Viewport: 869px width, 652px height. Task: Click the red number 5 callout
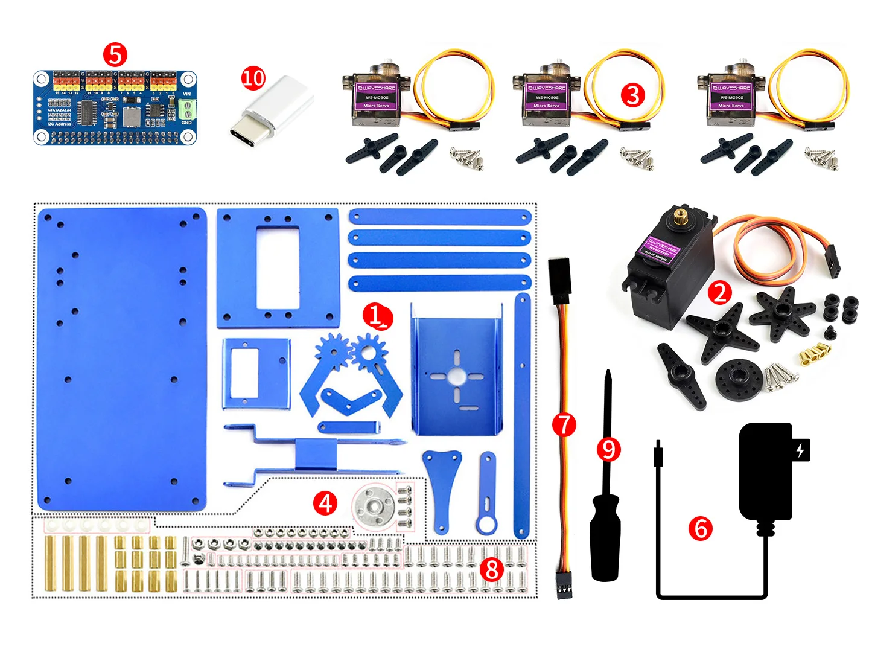point(115,54)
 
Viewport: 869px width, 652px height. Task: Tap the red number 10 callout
point(253,78)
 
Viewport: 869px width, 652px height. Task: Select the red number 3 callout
point(632,95)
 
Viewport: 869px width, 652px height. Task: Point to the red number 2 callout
point(719,293)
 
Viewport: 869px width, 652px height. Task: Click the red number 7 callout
point(564,424)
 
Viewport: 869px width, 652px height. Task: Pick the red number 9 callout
point(608,449)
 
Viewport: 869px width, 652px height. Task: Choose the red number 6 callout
point(701,528)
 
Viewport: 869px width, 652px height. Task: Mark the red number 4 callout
point(325,503)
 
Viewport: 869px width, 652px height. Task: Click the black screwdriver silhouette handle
point(605,537)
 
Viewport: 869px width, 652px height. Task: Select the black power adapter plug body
point(765,471)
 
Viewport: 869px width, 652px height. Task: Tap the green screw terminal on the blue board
point(187,110)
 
